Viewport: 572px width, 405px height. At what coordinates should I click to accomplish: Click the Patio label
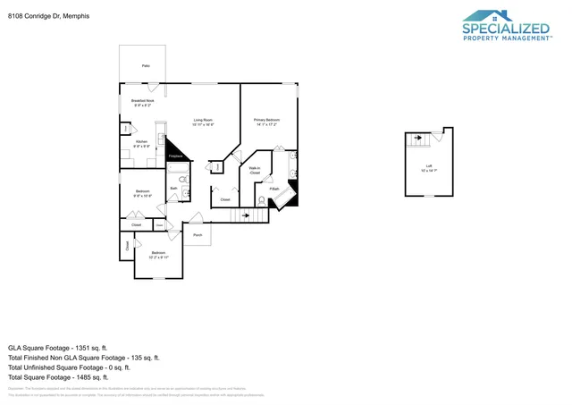coord(145,67)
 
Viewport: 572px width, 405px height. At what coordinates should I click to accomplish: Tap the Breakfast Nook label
coord(144,103)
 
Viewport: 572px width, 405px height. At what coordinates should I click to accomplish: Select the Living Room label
coord(204,122)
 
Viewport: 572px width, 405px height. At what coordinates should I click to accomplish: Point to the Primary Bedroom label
coord(266,122)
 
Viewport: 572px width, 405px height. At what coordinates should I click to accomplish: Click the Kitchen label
coord(141,144)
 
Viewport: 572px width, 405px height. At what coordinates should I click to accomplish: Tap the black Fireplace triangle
coord(177,156)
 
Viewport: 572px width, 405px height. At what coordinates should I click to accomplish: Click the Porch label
coord(198,236)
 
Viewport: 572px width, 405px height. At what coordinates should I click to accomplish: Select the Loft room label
coord(428,168)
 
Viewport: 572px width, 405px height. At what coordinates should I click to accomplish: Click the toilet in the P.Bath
coord(263,199)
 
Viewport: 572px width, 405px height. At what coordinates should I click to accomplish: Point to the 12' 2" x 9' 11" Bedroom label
coord(158,255)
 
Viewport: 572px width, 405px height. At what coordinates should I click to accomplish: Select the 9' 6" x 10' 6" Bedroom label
coord(143,193)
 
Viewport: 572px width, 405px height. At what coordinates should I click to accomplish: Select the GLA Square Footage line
coord(57,348)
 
